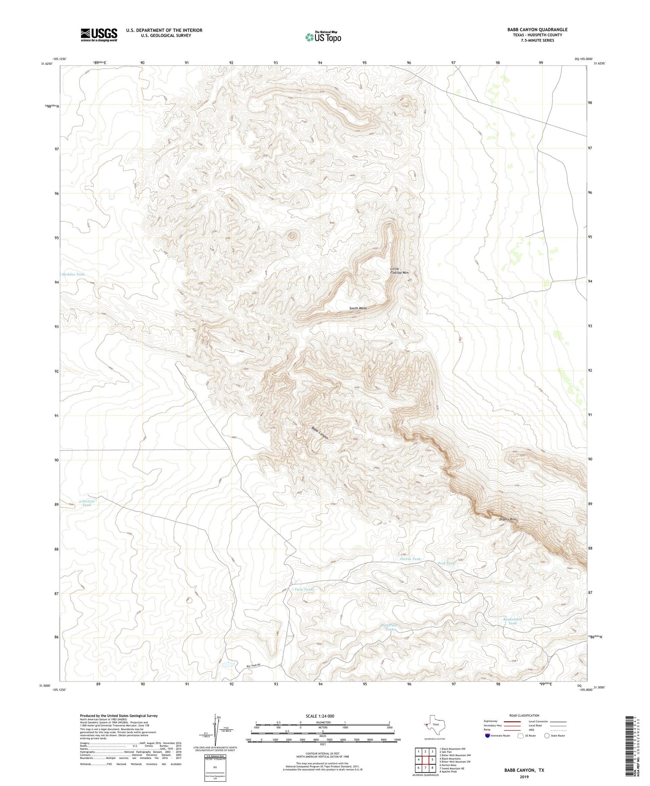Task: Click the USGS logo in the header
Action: [99, 35]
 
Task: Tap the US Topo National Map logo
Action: [323, 37]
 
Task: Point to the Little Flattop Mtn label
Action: [399, 271]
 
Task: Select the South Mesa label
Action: [358, 308]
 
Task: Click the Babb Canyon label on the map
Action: [320, 433]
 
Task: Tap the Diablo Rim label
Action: [507, 519]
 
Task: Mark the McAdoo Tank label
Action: [73, 274]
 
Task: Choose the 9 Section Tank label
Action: [87, 503]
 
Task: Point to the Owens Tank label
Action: [410, 559]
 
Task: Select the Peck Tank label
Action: [446, 564]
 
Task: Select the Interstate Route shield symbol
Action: [488, 736]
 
